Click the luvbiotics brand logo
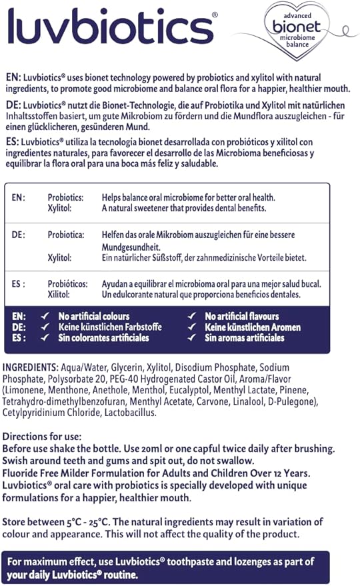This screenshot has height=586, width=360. click(x=110, y=27)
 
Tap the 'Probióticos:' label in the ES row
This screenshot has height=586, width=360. click(x=67, y=284)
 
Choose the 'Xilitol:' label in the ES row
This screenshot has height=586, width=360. click(x=60, y=295)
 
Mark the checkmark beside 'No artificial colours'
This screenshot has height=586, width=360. click(x=45, y=316)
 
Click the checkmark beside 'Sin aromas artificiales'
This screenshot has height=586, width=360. click(x=192, y=338)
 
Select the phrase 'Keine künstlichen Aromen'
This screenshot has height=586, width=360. click(x=253, y=327)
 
